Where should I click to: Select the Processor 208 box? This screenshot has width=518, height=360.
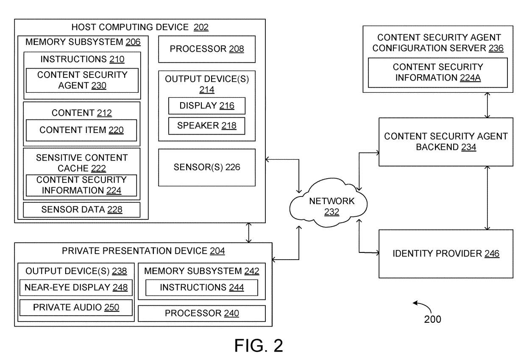click(207, 49)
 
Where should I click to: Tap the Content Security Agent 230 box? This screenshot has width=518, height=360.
click(82, 80)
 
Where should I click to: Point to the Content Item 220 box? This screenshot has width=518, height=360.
click(81, 130)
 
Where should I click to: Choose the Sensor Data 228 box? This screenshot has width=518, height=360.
click(81, 210)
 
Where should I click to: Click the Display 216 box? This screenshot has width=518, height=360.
click(206, 105)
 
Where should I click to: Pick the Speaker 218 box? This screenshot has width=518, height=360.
click(206, 126)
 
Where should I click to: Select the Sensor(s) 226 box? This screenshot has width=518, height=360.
click(207, 167)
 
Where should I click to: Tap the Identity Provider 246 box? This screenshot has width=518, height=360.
click(446, 254)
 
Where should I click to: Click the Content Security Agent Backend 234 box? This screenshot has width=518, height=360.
click(446, 142)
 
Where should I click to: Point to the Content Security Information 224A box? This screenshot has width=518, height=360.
click(437, 72)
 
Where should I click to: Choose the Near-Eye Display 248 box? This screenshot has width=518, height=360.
click(76, 288)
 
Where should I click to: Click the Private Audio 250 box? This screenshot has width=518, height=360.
click(76, 308)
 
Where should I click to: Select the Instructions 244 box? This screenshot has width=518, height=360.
click(201, 288)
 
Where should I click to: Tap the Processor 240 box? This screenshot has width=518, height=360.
click(202, 313)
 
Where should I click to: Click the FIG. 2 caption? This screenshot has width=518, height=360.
click(259, 346)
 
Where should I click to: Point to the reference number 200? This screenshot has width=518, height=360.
click(432, 319)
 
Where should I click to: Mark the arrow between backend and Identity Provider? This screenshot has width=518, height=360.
click(488, 197)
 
